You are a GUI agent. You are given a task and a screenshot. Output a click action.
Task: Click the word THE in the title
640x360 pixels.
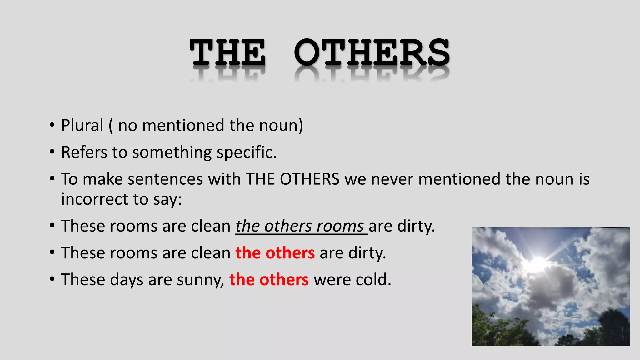(227, 52)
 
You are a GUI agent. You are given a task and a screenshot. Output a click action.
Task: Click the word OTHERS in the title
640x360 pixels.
(372, 52)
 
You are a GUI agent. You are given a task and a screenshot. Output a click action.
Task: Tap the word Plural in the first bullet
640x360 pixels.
(82, 126)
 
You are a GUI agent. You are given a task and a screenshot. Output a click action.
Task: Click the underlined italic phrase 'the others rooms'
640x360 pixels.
(300, 226)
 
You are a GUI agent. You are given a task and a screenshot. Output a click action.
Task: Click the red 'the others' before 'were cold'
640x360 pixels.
(269, 280)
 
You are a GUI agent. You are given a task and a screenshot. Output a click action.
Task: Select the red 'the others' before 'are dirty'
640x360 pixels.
(275, 253)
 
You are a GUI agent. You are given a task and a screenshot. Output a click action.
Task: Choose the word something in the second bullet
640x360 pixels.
(172, 152)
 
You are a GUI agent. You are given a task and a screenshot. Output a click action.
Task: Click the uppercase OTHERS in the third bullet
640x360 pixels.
(309, 179)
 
